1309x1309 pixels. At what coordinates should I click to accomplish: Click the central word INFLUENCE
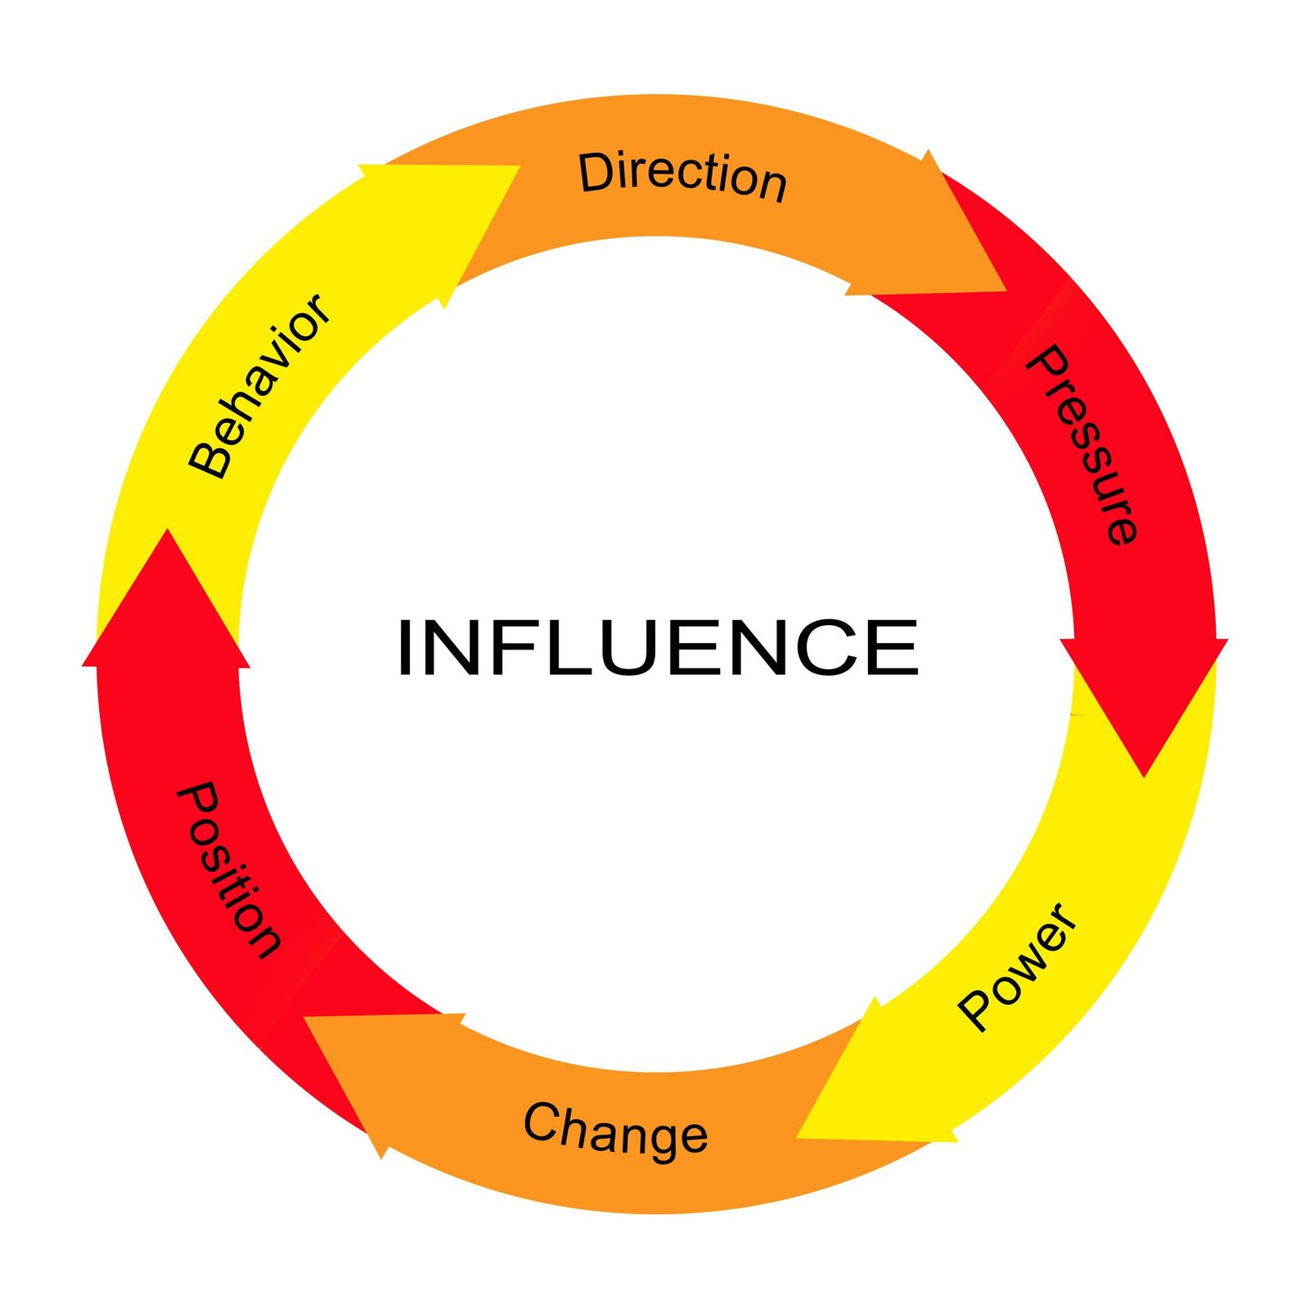coord(658,647)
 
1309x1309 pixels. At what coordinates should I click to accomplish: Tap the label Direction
coord(682,175)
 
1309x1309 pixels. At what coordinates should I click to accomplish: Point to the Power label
coord(1018,966)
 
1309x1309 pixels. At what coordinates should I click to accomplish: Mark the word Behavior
coord(260,386)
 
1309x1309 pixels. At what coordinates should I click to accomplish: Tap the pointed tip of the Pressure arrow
coord(1145,776)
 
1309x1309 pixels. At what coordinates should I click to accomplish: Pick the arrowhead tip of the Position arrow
coord(167,529)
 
